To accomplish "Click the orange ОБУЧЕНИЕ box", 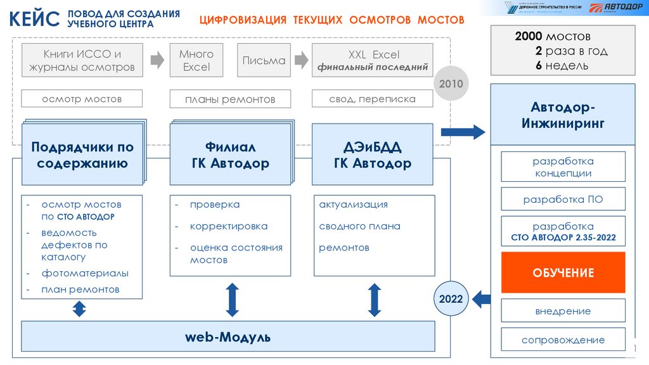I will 563,272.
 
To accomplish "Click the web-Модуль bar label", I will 228,337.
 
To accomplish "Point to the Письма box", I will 264,61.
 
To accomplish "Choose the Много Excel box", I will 196,61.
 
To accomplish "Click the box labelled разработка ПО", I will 563,199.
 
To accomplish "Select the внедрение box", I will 563,311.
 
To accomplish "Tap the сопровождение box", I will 563,340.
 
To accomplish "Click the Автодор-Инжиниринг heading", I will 563,114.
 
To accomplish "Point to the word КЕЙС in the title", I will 35,19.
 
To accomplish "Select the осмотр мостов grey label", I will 82,99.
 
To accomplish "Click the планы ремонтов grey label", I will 230,99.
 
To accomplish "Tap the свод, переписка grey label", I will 372,99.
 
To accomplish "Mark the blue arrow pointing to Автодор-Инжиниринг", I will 463,132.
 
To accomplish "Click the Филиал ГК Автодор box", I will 230,155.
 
